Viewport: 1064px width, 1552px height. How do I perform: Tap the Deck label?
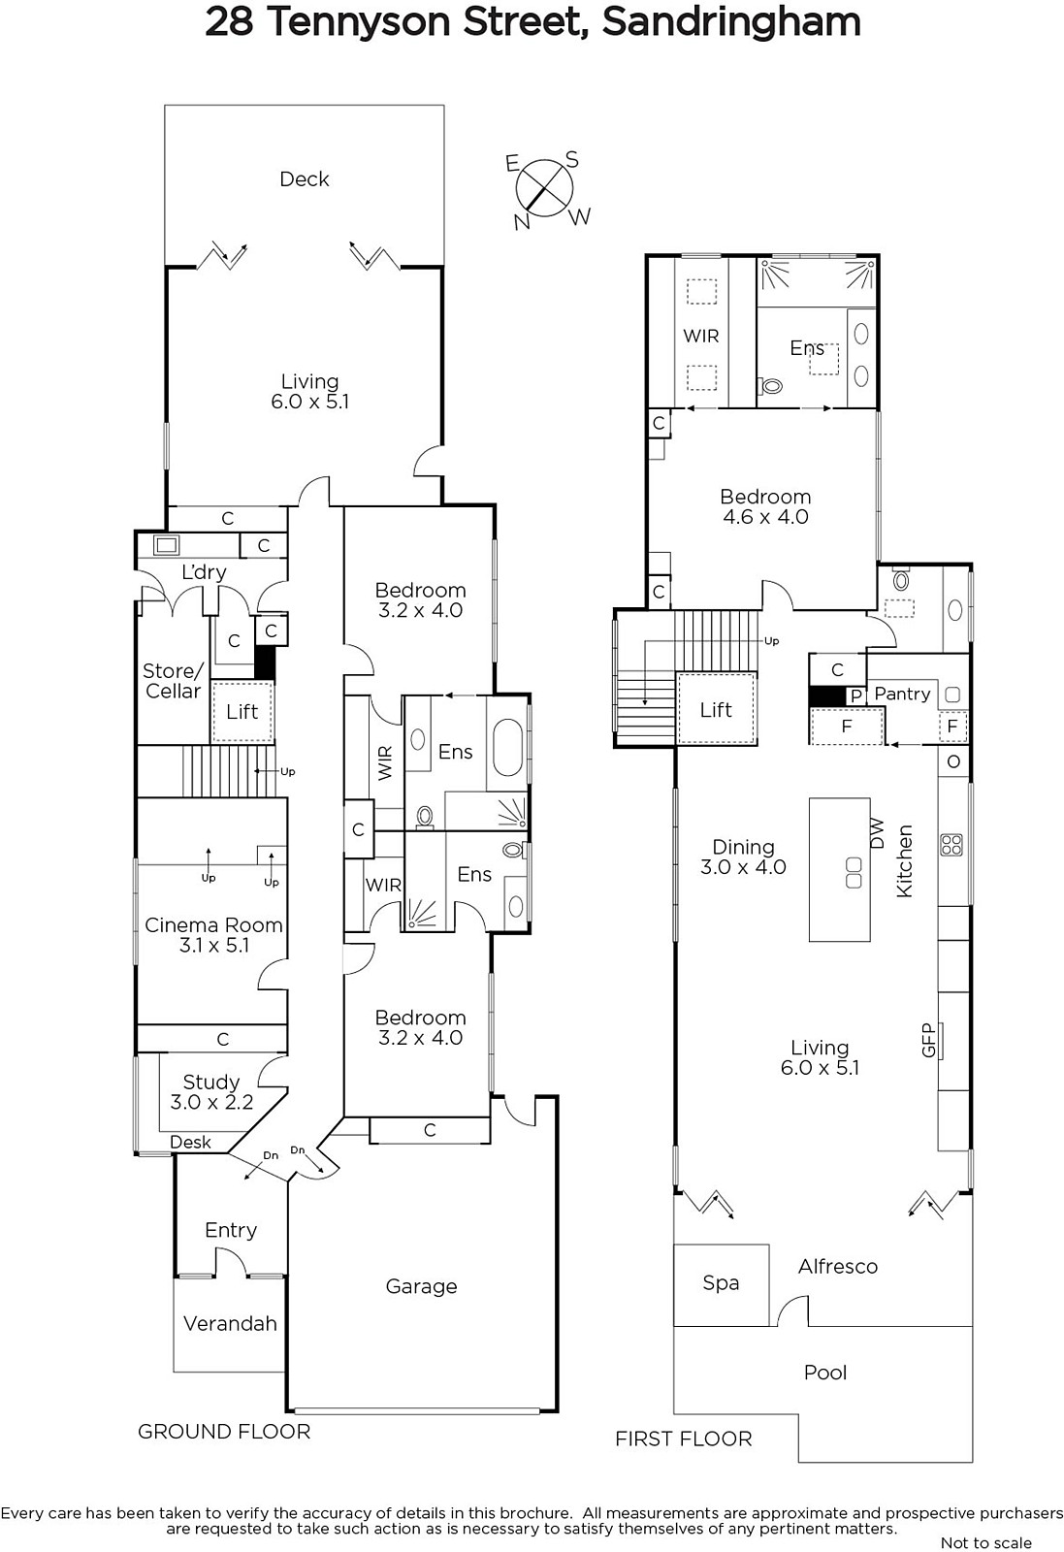[x=305, y=179]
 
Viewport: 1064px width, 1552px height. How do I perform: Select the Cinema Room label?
[x=213, y=925]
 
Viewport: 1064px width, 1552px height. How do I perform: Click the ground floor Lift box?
[x=242, y=713]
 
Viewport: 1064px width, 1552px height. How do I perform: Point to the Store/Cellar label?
[x=174, y=681]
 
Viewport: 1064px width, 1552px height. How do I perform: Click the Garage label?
[x=421, y=1286]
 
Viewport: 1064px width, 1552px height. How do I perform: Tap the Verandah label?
[x=230, y=1323]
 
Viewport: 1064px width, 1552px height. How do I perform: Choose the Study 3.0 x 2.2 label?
[x=211, y=1092]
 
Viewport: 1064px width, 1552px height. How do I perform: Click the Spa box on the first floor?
[x=721, y=1284]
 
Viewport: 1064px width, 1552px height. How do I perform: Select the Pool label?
[x=825, y=1373]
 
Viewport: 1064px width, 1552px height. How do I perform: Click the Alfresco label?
[x=837, y=1267]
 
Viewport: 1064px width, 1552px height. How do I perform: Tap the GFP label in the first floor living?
[x=928, y=1040]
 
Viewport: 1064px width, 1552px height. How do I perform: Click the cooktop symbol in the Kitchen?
[x=951, y=845]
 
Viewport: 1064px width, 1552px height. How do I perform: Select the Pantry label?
[x=902, y=695]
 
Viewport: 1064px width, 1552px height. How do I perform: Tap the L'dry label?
[x=204, y=572]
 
